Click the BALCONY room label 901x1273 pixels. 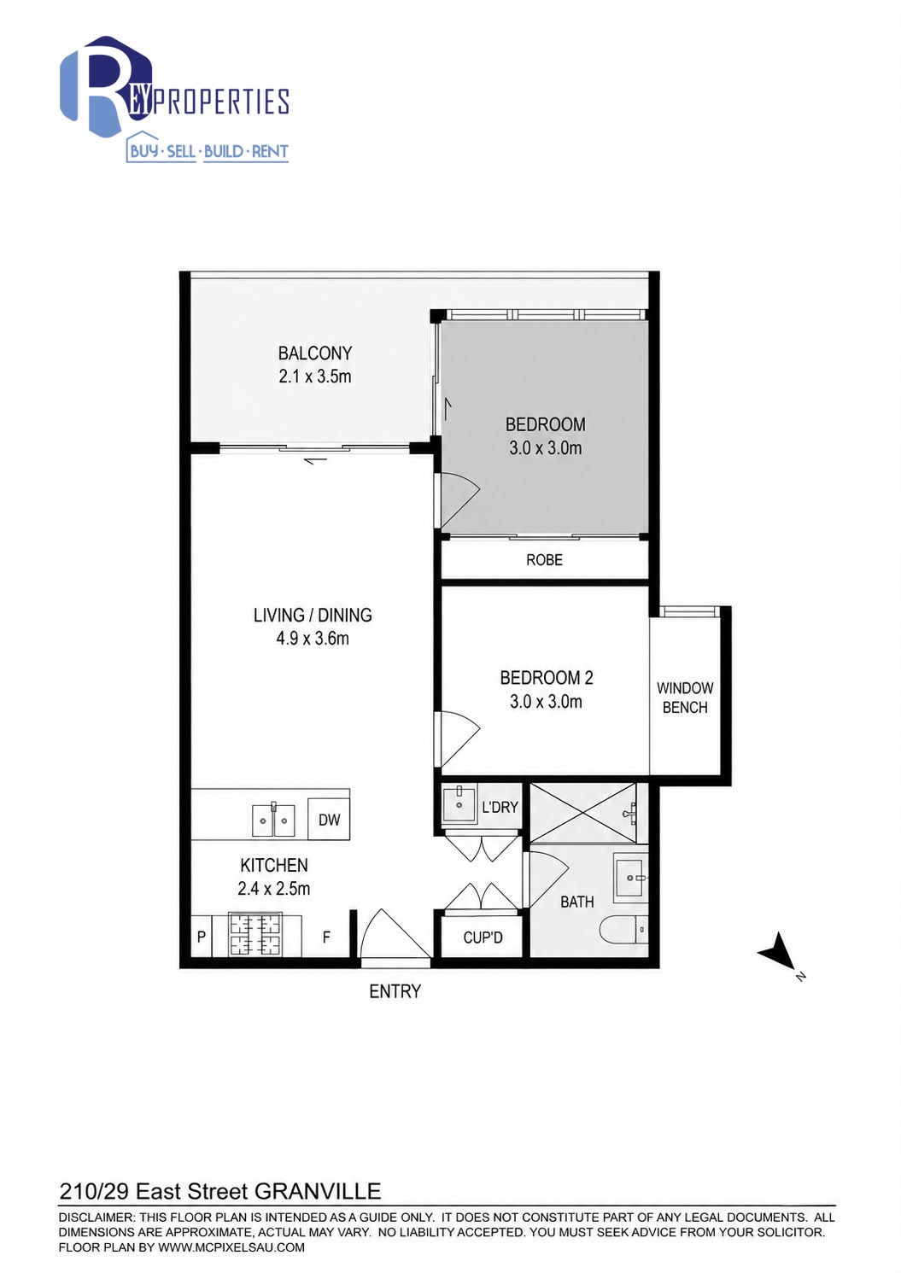(x=315, y=353)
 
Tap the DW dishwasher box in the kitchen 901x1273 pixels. (x=329, y=819)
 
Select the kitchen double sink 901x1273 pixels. (x=273, y=820)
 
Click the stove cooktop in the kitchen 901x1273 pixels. (x=255, y=935)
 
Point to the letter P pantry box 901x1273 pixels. (x=201, y=937)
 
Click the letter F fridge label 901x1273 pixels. (x=326, y=937)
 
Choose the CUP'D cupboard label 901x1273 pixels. (x=483, y=937)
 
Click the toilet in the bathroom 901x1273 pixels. (x=624, y=930)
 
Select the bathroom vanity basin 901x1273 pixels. (x=630, y=878)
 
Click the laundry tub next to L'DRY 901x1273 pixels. (x=458, y=805)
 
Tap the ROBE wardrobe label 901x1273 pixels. (x=545, y=560)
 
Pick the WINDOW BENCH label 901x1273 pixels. (x=685, y=698)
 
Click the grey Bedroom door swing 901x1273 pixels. (x=458, y=500)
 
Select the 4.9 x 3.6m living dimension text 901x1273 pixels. (x=313, y=638)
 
